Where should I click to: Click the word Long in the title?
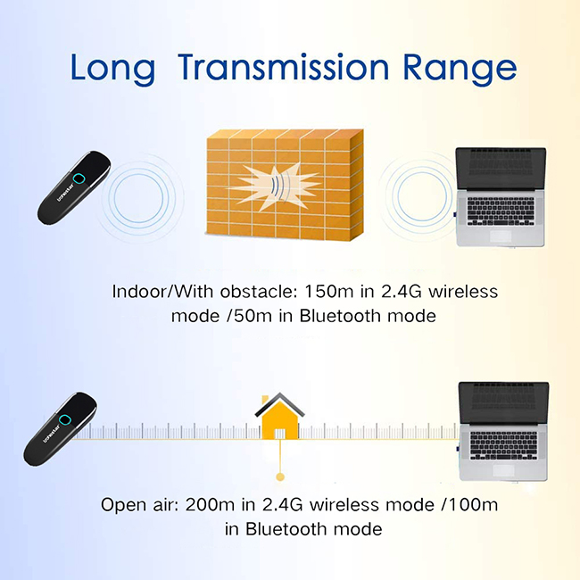tap(112, 70)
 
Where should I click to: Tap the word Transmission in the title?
tap(284, 67)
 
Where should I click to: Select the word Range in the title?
tap(460, 70)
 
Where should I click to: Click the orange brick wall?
tap(284, 184)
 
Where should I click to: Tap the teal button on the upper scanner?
tap(79, 179)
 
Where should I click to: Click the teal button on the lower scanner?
tap(64, 420)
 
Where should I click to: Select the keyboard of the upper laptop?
tap(501, 211)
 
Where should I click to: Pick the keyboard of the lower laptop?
tap(503, 446)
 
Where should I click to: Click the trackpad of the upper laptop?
tap(501, 236)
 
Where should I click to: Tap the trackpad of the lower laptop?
tap(503, 470)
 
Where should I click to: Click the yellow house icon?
tap(279, 416)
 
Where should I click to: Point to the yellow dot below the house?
tap(280, 477)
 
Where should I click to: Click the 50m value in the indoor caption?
tap(253, 316)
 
